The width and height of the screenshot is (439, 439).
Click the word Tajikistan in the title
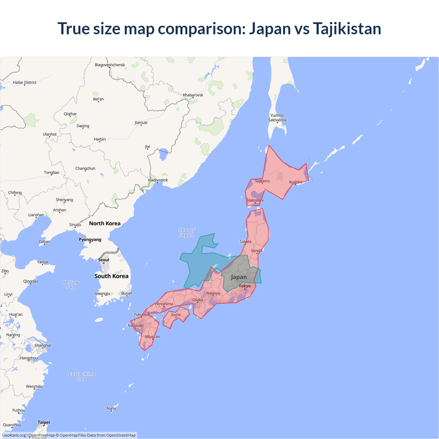click(x=347, y=29)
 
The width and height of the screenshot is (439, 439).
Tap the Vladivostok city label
click(x=158, y=180)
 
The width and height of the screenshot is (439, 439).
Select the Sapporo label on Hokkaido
click(x=262, y=181)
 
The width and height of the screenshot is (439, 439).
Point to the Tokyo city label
click(x=245, y=286)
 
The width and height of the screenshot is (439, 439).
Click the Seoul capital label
click(x=104, y=260)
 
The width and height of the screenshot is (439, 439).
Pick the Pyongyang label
click(x=90, y=240)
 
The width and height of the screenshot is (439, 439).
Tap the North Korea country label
click(x=105, y=224)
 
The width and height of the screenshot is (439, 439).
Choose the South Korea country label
click(x=111, y=276)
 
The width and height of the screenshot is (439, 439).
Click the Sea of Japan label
click(x=187, y=233)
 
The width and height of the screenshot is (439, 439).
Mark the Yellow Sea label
click(x=71, y=285)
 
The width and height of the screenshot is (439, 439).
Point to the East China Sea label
click(x=82, y=377)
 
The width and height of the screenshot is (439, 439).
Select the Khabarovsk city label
click(x=193, y=95)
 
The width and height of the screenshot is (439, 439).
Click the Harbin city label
click(x=100, y=139)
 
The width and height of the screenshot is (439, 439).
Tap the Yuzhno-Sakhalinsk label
click(x=277, y=118)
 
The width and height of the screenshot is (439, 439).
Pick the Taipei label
click(x=44, y=422)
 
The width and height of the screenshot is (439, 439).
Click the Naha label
click(x=111, y=408)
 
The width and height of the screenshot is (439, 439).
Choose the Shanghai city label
click(x=43, y=345)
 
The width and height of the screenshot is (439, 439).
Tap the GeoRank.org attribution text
click(x=14, y=435)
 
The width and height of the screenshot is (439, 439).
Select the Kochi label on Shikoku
click(x=176, y=315)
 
